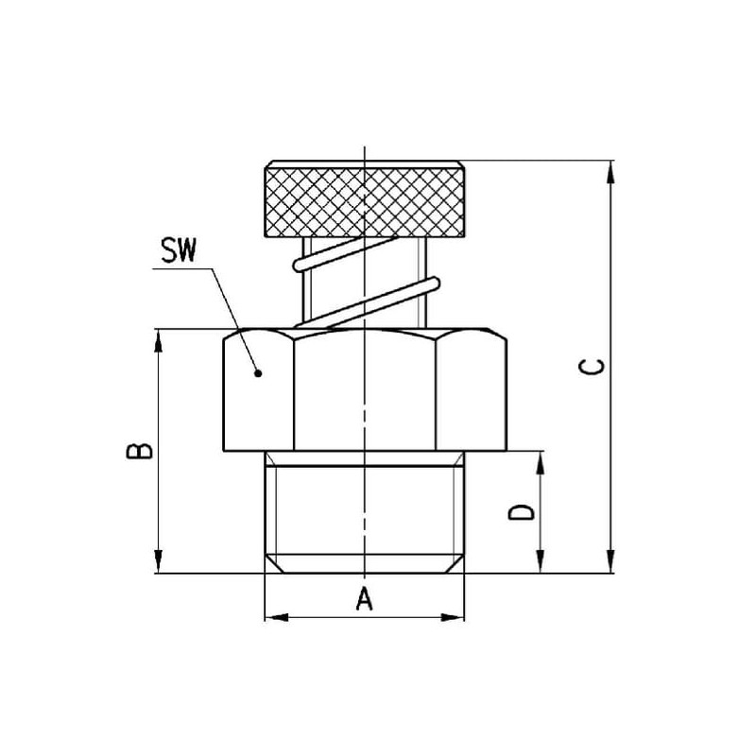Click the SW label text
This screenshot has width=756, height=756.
click(x=179, y=250)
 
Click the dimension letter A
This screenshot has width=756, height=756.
click(x=365, y=598)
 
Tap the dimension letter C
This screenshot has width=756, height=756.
click(x=592, y=367)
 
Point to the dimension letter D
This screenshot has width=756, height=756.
click(x=522, y=512)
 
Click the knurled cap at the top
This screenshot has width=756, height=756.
click(x=365, y=198)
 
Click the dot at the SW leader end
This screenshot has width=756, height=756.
click(x=258, y=373)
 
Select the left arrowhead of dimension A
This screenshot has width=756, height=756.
click(x=277, y=617)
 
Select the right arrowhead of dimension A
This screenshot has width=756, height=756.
click(x=453, y=617)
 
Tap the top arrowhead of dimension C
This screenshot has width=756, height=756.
click(x=610, y=172)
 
